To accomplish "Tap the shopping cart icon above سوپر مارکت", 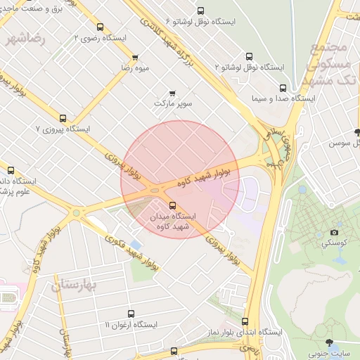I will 173,93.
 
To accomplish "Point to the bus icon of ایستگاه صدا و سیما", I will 283,89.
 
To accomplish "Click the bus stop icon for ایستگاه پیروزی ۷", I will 63,119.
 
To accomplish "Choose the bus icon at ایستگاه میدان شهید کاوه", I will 173,205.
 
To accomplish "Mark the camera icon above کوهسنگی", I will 334,232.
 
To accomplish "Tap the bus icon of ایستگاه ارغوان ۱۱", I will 130,314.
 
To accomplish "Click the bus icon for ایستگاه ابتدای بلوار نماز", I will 245,321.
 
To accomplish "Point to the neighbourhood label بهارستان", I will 77,285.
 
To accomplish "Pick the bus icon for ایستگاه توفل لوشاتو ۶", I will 200,11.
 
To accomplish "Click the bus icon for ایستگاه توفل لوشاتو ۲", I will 249,57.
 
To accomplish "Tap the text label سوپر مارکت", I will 173,104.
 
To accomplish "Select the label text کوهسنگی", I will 334,243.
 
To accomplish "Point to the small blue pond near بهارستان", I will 136,244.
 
